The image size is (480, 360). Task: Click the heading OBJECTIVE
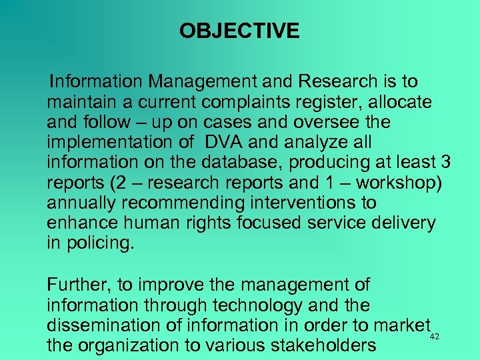click(x=239, y=31)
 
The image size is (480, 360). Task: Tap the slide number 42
click(x=435, y=337)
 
